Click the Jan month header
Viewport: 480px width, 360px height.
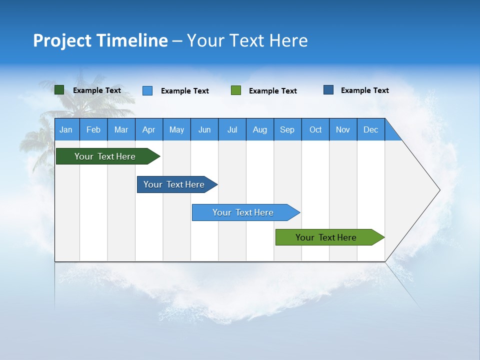coord(66,129)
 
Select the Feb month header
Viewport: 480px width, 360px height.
coord(93,129)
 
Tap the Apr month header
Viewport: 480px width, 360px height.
coord(149,129)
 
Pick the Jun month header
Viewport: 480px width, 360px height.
coord(204,129)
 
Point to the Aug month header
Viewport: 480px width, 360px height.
coord(260,129)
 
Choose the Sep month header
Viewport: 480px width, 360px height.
coord(287,129)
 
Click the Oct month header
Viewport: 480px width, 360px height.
coord(315,129)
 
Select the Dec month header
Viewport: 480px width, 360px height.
coord(371,129)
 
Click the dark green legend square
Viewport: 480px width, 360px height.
coord(59,90)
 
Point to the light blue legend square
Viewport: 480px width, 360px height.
coord(147,90)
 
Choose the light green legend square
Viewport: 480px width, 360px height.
coord(236,90)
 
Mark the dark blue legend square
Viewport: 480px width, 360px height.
coord(328,90)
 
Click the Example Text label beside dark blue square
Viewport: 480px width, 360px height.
coord(364,90)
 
